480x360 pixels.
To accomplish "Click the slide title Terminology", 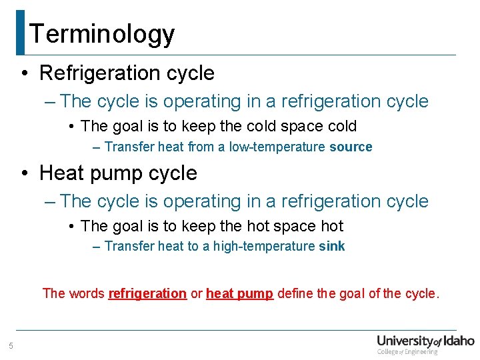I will (102, 33).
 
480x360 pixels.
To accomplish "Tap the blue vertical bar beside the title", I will (20, 32).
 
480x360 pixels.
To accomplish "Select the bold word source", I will (351, 147).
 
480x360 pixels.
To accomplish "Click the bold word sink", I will (332, 247).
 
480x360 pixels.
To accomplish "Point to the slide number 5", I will (11, 345).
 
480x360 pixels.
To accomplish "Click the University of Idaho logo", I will (425, 341).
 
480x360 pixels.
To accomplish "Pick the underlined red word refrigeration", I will (147, 293).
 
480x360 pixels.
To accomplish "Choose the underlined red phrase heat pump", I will (239, 293).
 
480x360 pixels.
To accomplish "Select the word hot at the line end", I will (331, 226).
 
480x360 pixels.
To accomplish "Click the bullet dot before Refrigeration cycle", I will (24, 73).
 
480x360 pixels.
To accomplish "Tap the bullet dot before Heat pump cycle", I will (24, 173).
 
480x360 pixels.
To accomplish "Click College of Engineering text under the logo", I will (407, 351).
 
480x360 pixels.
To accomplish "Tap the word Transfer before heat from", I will (129, 147).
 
